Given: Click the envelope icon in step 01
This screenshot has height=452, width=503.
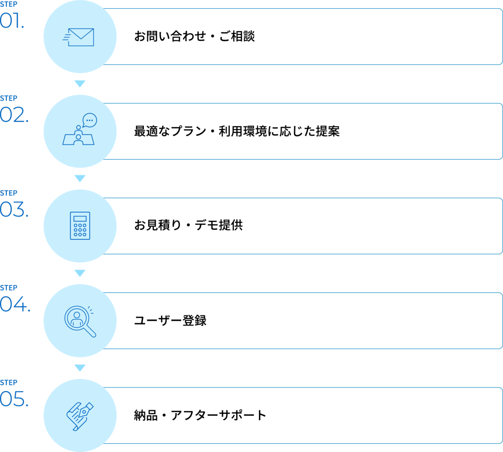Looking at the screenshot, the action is coord(79,37).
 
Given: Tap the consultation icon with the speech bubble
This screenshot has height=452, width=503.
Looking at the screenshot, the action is coord(80,129).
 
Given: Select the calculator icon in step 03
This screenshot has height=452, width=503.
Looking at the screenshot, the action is coord(80,226).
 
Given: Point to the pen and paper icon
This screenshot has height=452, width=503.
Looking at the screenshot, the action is coord(80,417).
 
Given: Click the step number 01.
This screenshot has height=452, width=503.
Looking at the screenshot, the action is coord(12,21).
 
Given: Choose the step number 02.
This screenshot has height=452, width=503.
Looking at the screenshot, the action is coord(14,115).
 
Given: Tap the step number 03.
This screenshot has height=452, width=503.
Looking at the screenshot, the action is coord(14,209).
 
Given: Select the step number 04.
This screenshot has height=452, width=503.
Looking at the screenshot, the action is coord(15,304).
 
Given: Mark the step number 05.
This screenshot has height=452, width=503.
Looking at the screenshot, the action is coord(14,399).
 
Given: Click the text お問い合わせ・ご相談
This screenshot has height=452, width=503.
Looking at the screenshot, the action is coord(195,36).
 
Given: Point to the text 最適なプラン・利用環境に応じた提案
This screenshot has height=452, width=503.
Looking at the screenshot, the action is coord(237,131).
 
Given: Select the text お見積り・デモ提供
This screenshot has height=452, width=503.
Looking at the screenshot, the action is coord(188,225).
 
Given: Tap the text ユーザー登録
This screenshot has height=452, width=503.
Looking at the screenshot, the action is coord(170,320).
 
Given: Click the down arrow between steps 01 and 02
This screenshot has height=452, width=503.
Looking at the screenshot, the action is coord(80,84).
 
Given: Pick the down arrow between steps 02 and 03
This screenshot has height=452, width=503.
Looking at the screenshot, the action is coord(80,178).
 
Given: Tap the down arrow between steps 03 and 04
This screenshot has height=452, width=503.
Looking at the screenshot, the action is coord(80,273).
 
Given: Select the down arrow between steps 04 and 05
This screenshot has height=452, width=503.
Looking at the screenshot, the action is coord(80,367).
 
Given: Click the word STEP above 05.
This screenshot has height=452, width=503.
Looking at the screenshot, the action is coord(9,383).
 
